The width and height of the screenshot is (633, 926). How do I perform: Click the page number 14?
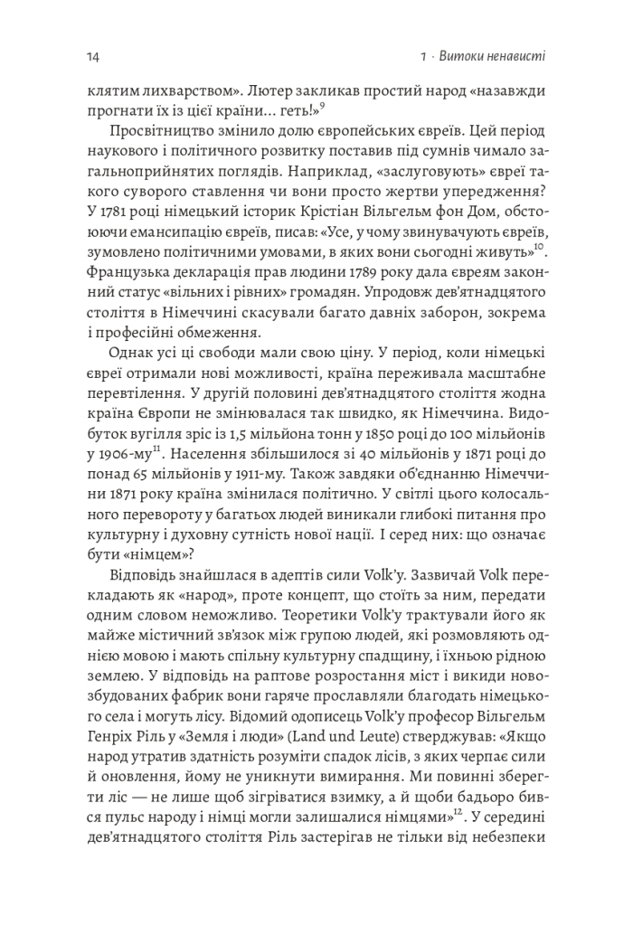click(x=92, y=57)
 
